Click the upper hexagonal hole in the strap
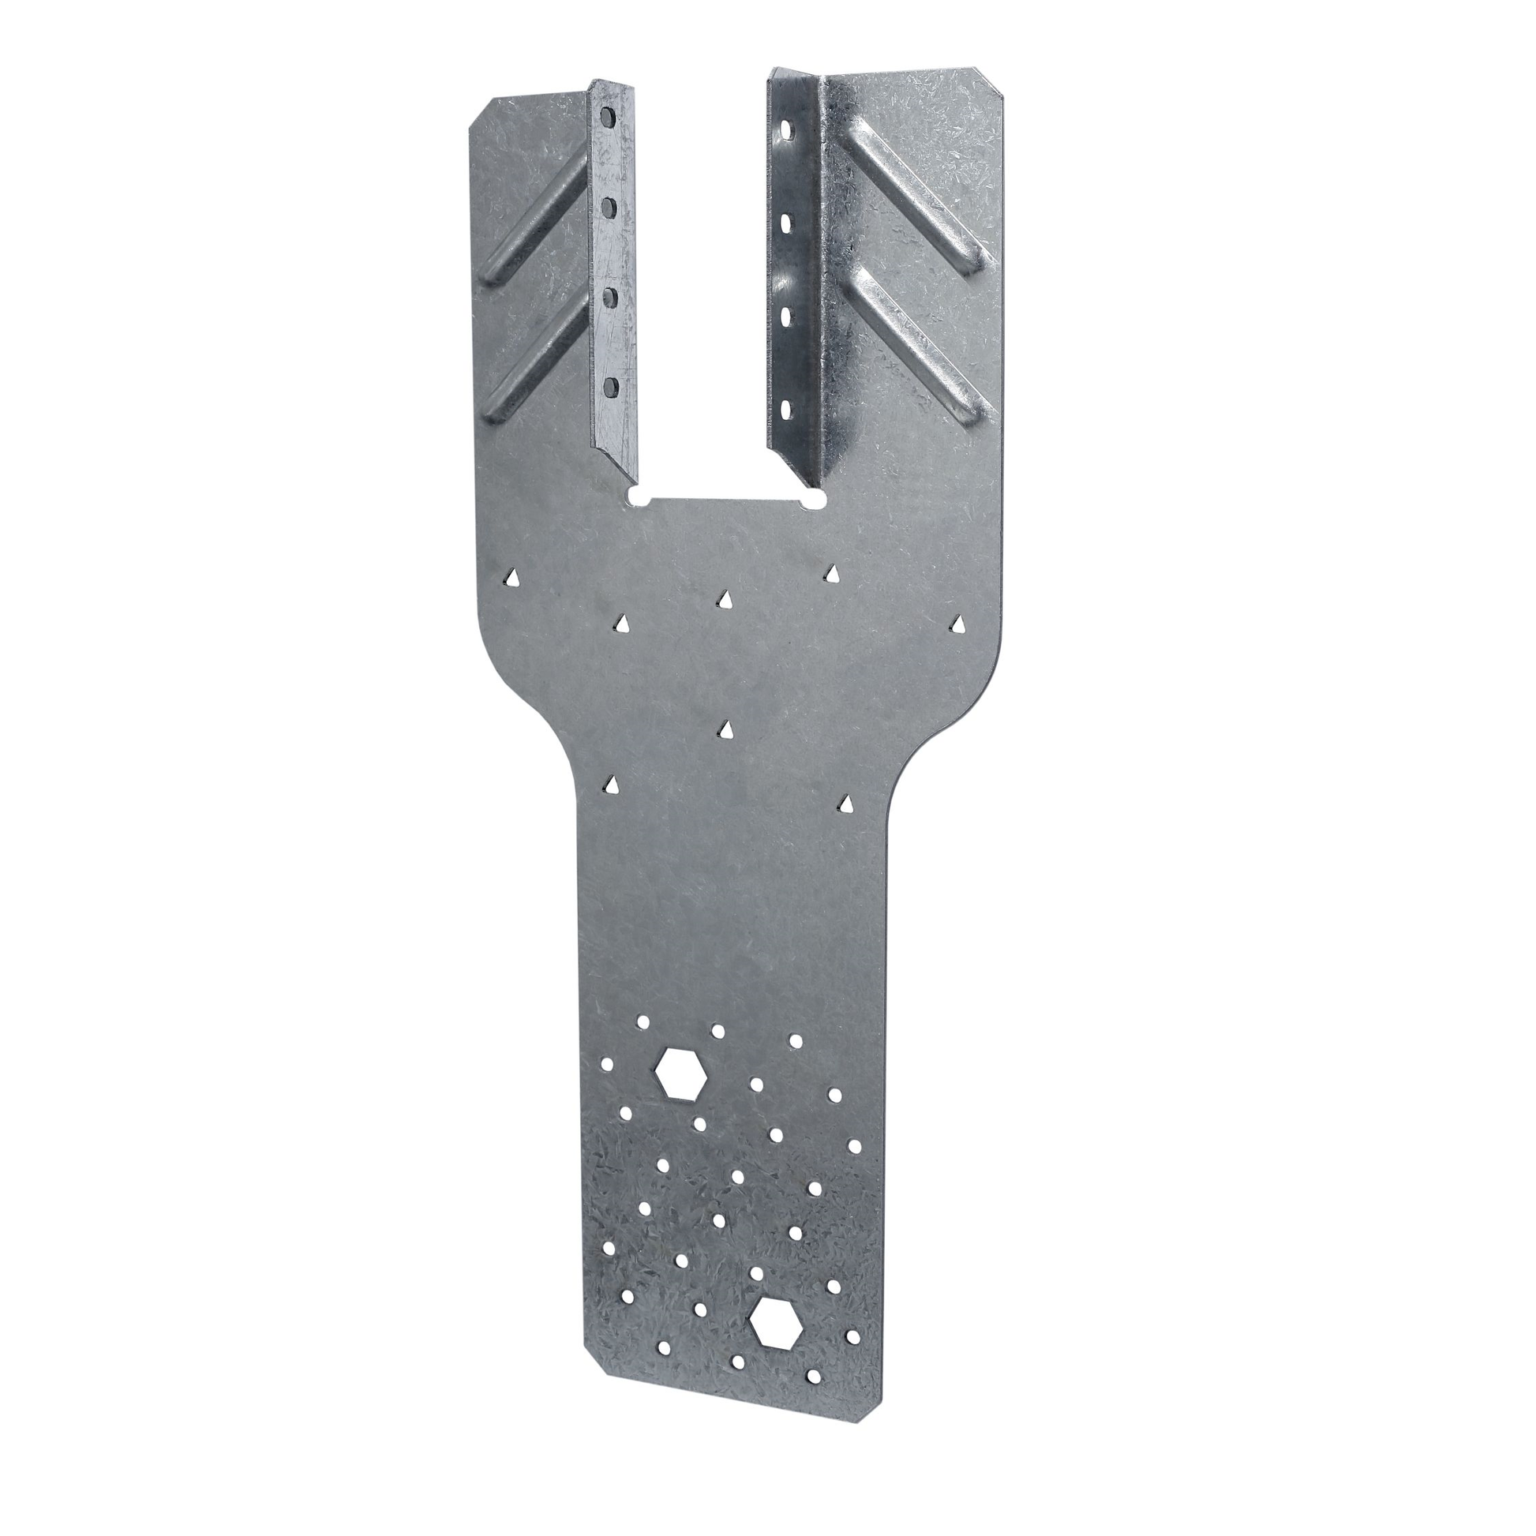coord(680,1073)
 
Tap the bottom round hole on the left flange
coord(611,388)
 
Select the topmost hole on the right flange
coord(786,127)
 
